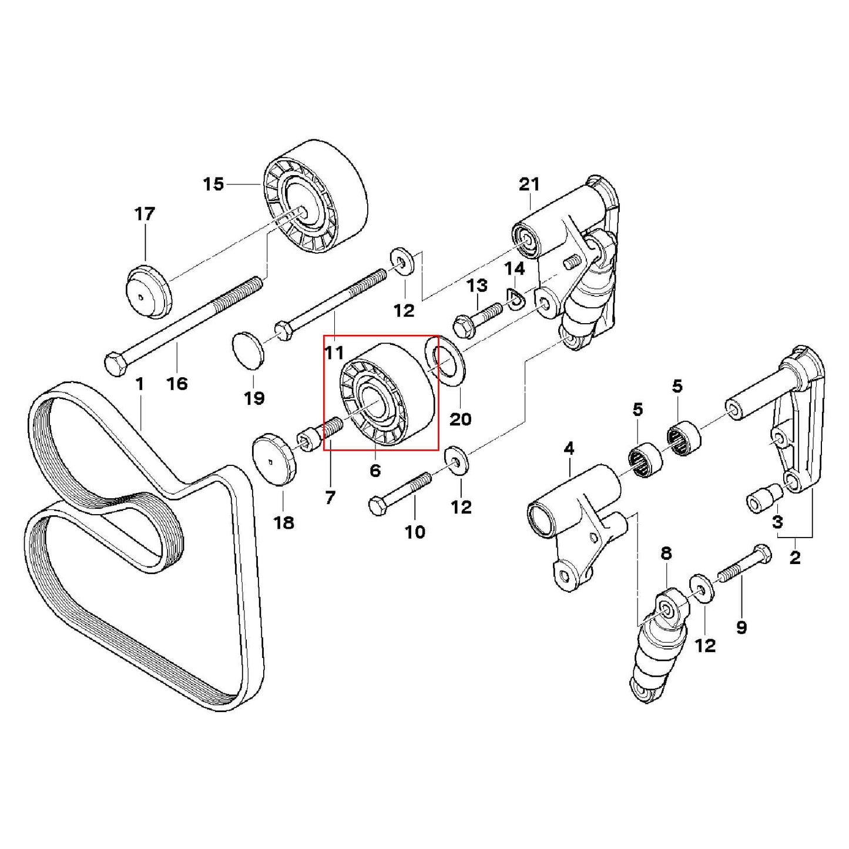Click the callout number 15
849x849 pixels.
pyautogui.click(x=213, y=184)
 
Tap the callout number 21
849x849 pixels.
pyautogui.click(x=529, y=184)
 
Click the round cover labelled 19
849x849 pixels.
pyautogui.click(x=249, y=350)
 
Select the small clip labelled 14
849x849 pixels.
pyautogui.click(x=515, y=300)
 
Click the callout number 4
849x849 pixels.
pyautogui.click(x=568, y=449)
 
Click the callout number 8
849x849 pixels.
pyautogui.click(x=666, y=553)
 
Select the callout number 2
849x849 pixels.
pyautogui.click(x=794, y=558)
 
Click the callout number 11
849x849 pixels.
pyautogui.click(x=334, y=353)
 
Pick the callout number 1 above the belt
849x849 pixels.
pyautogui.click(x=139, y=384)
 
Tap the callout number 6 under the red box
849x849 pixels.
pyautogui.click(x=375, y=470)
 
